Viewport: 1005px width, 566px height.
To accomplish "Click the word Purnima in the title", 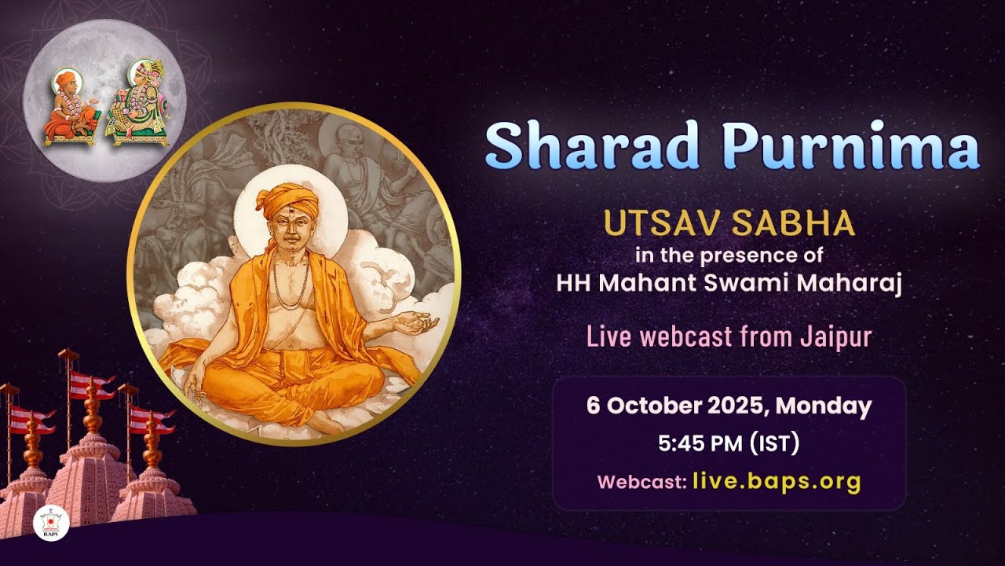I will pyautogui.click(x=851, y=146).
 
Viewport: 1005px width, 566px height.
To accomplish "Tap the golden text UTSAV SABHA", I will pyautogui.click(x=729, y=224).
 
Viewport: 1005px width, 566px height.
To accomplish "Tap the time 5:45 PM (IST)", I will pyautogui.click(x=729, y=443).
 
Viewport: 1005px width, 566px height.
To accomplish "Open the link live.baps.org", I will pyautogui.click(x=777, y=481).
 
